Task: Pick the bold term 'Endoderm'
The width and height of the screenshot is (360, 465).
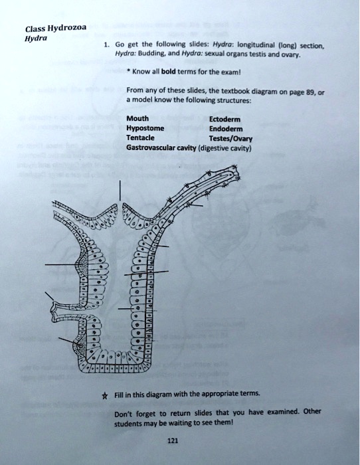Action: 226,130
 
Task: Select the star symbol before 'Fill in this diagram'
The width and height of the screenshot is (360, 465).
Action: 118,394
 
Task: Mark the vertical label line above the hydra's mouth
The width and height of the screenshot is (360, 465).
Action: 120,190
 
